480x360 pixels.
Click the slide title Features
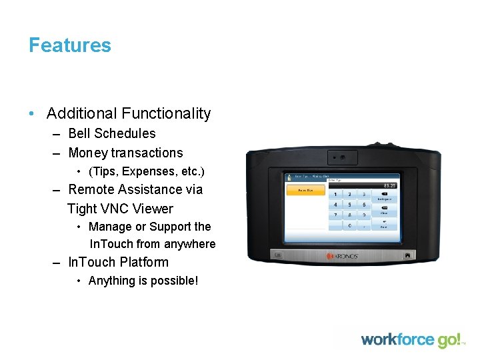tap(69, 45)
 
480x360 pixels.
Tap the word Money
tap(88, 153)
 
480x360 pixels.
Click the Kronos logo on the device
tap(343, 255)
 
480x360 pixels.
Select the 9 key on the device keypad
tap(364, 215)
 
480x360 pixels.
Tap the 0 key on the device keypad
tap(350, 226)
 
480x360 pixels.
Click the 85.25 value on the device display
tap(389, 185)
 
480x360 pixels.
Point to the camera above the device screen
tap(342, 158)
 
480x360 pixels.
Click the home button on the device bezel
tap(407, 255)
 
